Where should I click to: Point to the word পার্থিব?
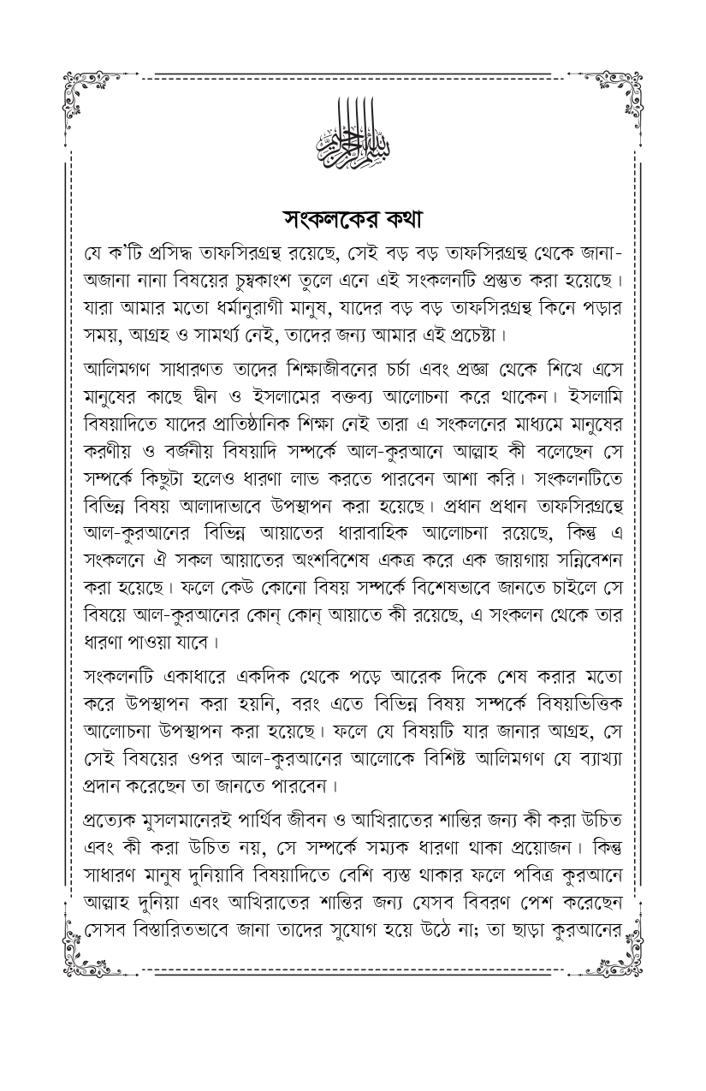[x=276, y=818]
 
